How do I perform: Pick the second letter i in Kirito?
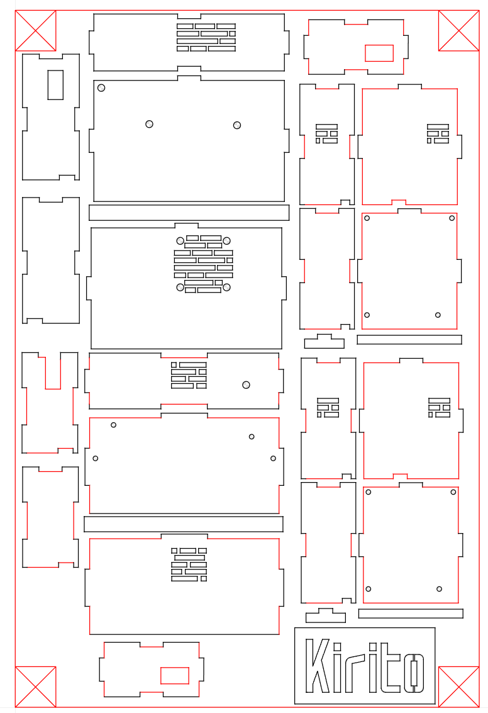tap(372, 668)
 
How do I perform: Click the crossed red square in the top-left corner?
tap(35, 30)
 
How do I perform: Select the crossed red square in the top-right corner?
tap(459, 30)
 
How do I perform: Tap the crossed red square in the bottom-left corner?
tap(35, 687)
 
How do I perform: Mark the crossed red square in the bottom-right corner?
tap(459, 687)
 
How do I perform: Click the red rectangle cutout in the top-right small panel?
tap(379, 53)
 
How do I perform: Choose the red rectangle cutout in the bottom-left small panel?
tap(174, 675)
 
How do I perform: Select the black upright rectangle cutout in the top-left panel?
tap(55, 84)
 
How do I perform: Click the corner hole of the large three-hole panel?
tap(101, 87)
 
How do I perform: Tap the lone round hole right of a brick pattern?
tap(247, 385)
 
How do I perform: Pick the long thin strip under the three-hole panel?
tap(189, 212)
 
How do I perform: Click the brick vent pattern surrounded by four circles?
tap(204, 264)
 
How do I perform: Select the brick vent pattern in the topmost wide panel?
tap(206, 37)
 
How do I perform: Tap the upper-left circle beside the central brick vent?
tap(180, 240)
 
